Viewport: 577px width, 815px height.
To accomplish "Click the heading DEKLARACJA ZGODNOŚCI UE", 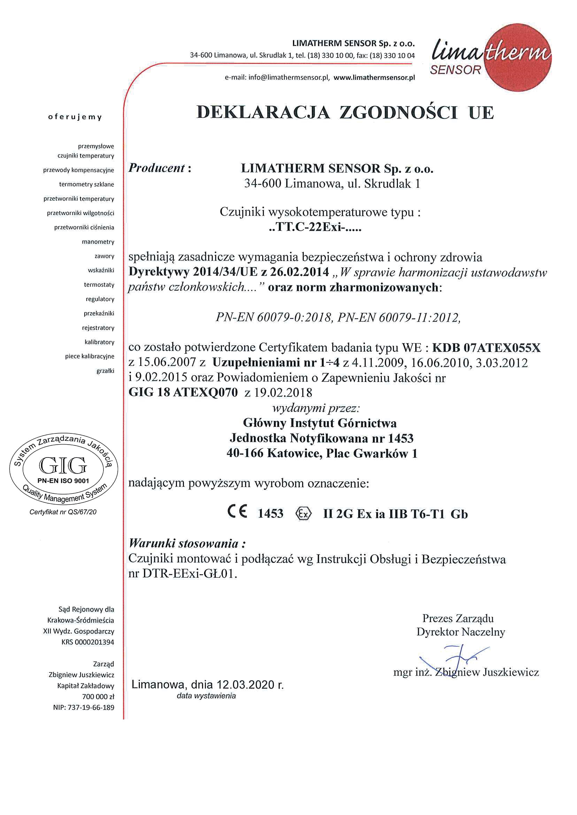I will click(x=345, y=113).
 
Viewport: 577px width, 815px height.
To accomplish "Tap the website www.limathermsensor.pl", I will click(x=374, y=78).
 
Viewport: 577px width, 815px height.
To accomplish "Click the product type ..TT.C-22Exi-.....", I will click(x=315, y=227).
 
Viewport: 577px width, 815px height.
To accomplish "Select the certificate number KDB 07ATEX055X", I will click(x=486, y=347).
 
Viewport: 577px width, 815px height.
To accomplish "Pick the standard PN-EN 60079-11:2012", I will click(x=399, y=317).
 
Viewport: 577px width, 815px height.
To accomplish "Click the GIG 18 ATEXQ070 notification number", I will click(x=183, y=392).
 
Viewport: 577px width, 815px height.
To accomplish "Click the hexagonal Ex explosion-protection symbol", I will click(x=303, y=514).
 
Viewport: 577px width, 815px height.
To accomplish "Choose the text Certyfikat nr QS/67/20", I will click(x=63, y=512).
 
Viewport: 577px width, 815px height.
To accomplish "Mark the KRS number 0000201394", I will click(x=94, y=642).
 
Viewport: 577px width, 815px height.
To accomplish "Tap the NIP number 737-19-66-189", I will click(x=91, y=707).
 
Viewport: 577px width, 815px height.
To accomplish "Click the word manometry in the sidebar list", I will click(x=98, y=242).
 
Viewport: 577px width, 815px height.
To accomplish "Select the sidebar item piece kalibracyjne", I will click(x=90, y=356).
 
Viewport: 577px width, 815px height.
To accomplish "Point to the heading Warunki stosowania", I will click(x=187, y=543).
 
